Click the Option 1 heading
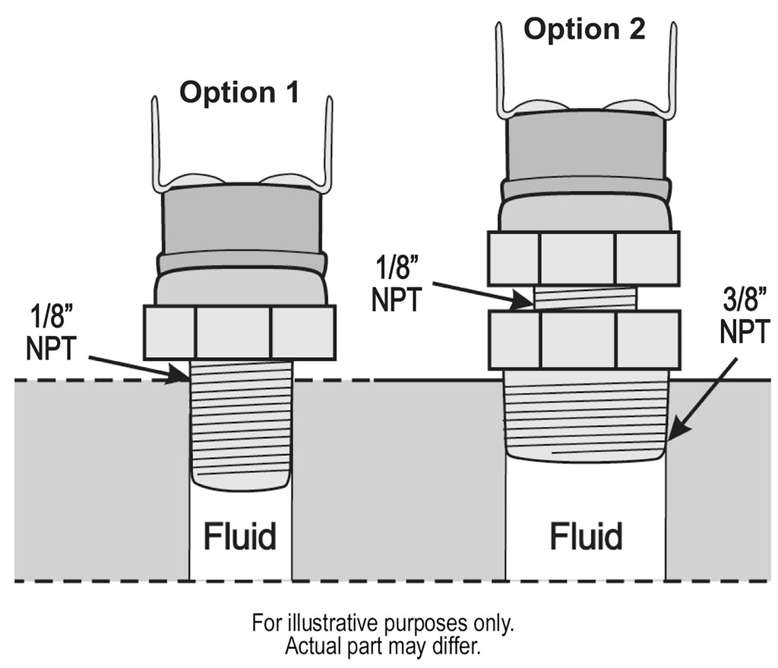coord(239,93)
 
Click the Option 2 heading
coord(584,30)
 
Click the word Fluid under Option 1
coord(239,537)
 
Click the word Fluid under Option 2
coord(586,537)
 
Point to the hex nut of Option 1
coord(239,332)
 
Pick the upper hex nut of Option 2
coord(583,258)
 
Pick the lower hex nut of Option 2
coord(583,339)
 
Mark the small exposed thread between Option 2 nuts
coord(585,299)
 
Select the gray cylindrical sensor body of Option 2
coord(584,148)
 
